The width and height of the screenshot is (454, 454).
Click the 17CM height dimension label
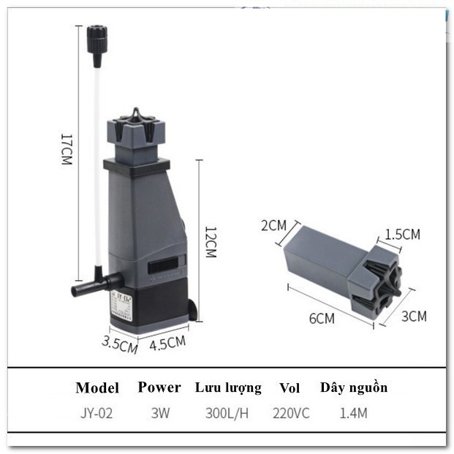tap(66, 149)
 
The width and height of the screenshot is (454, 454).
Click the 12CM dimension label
tap(210, 241)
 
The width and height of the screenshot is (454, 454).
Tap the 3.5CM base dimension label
tap(119, 344)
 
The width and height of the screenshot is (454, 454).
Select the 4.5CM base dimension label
tap(167, 342)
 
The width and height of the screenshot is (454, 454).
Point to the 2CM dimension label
tap(273, 225)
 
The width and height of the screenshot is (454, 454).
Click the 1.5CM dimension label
tap(402, 235)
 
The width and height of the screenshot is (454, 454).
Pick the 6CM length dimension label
tap(321, 319)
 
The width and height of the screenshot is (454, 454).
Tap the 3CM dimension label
tap(414, 316)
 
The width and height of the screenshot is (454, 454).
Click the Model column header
tap(97, 387)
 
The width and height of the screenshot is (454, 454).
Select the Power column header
tap(159, 387)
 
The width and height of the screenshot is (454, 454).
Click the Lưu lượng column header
tap(227, 387)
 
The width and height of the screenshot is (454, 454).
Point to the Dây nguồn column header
tap(354, 387)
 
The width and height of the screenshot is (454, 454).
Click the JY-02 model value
tap(97, 413)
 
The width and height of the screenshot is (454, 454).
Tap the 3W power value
tap(160, 413)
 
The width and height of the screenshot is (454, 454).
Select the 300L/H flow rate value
tap(227, 413)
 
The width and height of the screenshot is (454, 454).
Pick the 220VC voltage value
tap(290, 413)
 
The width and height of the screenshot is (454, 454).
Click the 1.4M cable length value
tap(353, 413)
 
